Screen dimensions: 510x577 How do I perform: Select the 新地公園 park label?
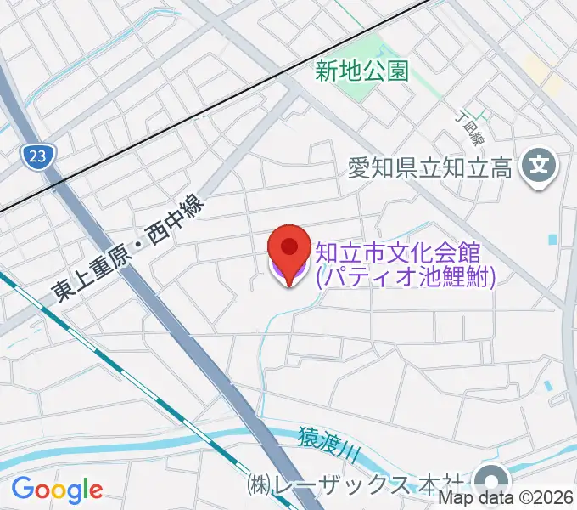[362, 71]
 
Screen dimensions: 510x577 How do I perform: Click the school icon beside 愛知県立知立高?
[537, 165]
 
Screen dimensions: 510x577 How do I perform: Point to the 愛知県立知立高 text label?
[430, 168]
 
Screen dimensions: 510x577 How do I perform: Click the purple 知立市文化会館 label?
[399, 252]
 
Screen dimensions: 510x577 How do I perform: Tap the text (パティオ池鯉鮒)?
[405, 276]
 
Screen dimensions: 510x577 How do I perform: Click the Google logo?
[57, 490]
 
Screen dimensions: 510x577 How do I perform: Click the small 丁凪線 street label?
[468, 127]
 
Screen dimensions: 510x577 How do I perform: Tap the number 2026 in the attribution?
[554, 499]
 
